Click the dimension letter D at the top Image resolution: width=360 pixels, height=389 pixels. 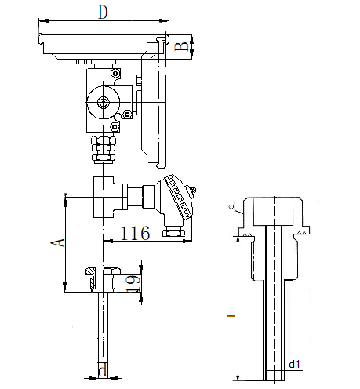(x=103, y=13)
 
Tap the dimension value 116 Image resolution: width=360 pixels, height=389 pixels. (x=135, y=233)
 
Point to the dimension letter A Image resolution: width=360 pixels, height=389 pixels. (x=57, y=243)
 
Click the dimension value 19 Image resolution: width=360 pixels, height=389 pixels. (x=133, y=283)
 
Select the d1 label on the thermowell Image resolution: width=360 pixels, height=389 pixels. (x=294, y=364)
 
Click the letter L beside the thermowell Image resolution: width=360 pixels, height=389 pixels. (x=231, y=314)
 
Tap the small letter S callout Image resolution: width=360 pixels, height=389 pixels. (x=231, y=206)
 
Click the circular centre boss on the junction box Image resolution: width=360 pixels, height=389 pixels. (x=104, y=102)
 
